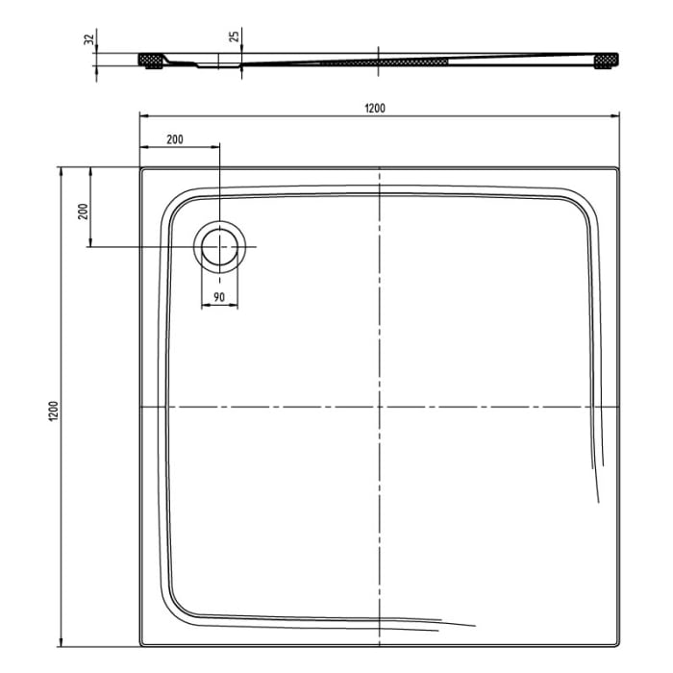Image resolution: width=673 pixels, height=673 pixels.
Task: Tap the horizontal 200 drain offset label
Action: point(174,138)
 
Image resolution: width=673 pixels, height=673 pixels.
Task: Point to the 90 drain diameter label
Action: point(219,298)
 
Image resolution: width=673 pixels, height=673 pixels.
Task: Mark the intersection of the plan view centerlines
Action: point(381,407)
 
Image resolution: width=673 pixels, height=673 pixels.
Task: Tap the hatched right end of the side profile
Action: point(608,62)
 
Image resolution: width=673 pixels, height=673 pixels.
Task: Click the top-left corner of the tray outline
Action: point(141,169)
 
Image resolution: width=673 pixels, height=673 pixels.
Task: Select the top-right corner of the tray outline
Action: point(618,169)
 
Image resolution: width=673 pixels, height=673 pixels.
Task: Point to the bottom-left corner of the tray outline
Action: point(141,645)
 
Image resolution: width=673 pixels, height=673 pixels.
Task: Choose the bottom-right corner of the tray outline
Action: point(618,645)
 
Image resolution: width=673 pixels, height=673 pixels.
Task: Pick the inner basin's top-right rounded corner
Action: point(581,202)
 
